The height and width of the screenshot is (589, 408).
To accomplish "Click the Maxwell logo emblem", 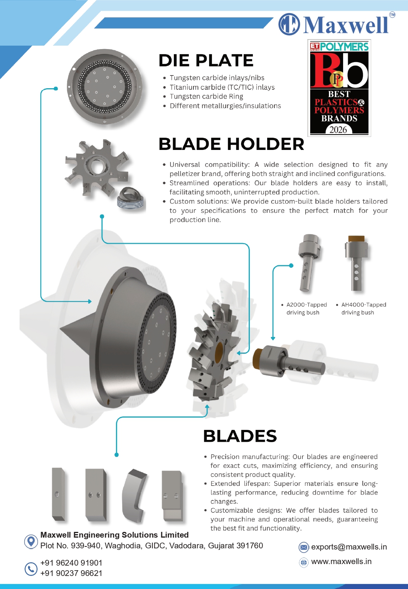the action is click(289, 24).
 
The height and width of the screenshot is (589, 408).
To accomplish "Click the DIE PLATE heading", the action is click(206, 60).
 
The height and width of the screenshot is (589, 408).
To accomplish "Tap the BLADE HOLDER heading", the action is click(231, 144).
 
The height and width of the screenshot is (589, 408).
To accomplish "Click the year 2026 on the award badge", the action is click(338, 130).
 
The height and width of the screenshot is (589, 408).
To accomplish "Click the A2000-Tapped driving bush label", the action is click(306, 308).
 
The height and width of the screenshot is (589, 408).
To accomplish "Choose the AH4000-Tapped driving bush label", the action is click(363, 308).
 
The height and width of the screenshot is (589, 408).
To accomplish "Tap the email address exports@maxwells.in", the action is click(349, 547).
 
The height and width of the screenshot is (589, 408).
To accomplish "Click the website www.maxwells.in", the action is click(341, 561).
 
